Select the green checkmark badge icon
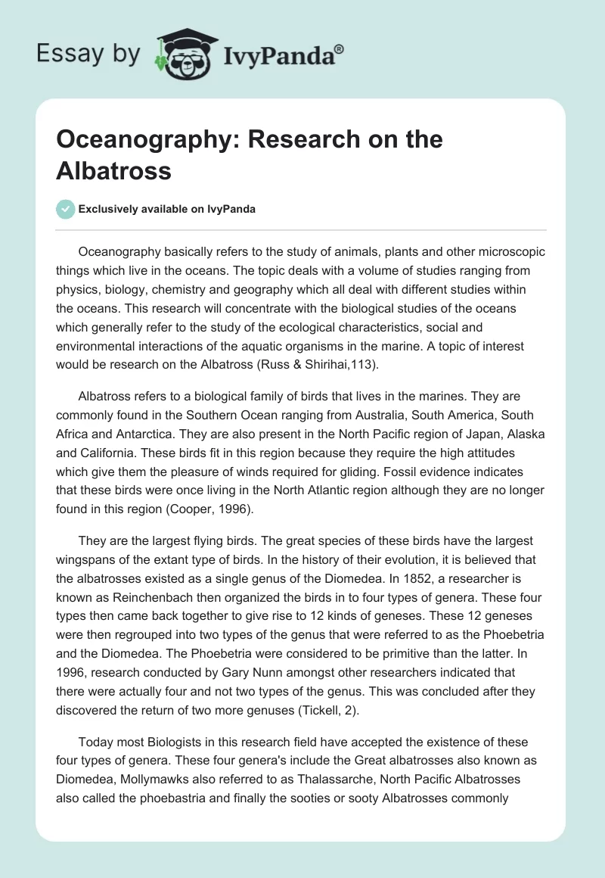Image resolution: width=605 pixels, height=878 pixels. click(x=66, y=209)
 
